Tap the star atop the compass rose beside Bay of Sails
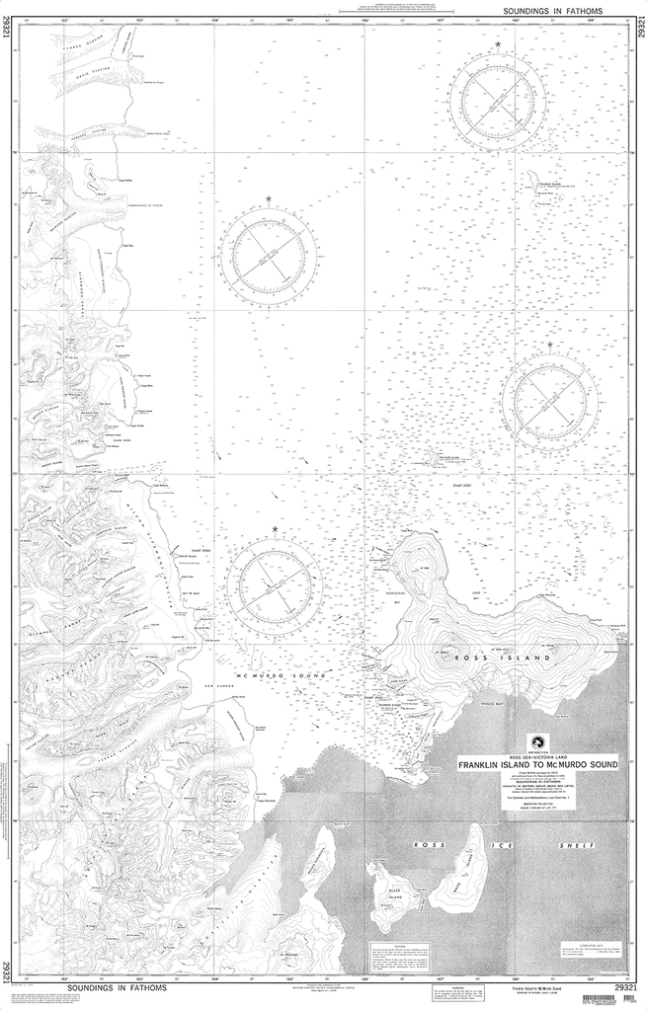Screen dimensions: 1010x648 (275, 531)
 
